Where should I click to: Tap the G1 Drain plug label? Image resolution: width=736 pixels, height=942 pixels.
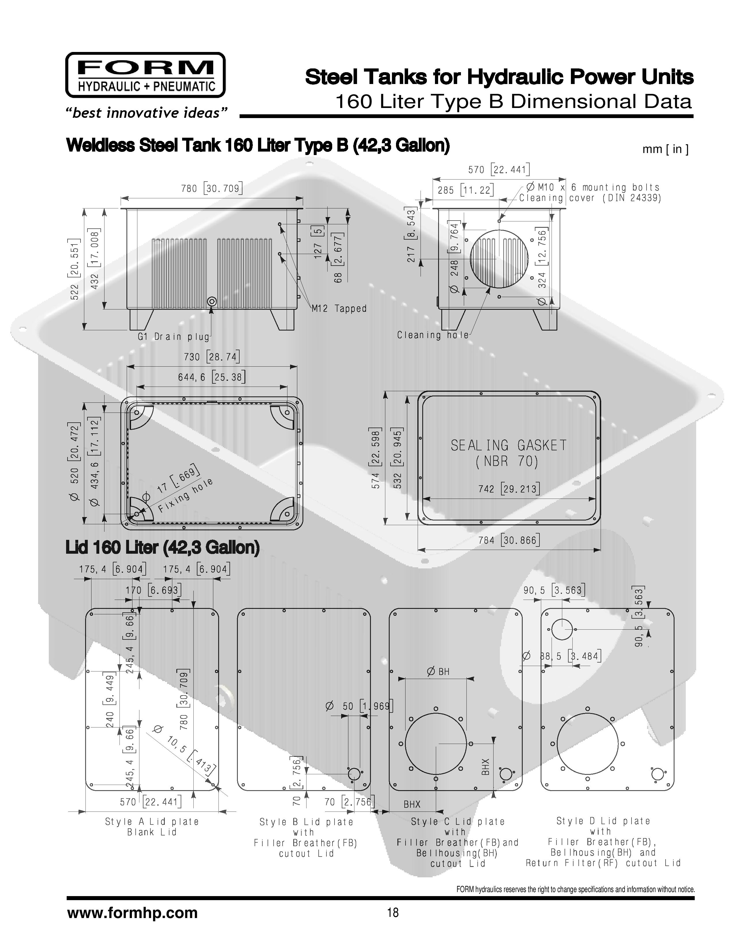click(174, 336)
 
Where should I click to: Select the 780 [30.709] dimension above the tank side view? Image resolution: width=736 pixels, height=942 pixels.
click(212, 189)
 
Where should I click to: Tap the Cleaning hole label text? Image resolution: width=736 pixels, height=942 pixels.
click(433, 335)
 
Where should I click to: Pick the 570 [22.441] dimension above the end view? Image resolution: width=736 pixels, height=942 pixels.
click(499, 169)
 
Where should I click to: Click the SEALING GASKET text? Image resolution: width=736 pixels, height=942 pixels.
click(509, 445)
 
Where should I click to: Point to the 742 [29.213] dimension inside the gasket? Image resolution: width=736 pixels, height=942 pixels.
click(509, 489)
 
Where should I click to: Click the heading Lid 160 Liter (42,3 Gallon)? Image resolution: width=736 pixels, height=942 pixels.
click(162, 547)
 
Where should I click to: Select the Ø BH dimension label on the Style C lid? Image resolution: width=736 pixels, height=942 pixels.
click(438, 671)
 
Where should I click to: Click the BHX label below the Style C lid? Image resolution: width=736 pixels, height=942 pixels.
click(412, 804)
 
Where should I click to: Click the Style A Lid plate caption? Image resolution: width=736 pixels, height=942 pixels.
click(152, 822)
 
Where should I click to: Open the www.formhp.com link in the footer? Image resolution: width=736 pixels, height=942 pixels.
click(132, 913)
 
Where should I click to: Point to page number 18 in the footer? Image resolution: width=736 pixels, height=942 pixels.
click(393, 913)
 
